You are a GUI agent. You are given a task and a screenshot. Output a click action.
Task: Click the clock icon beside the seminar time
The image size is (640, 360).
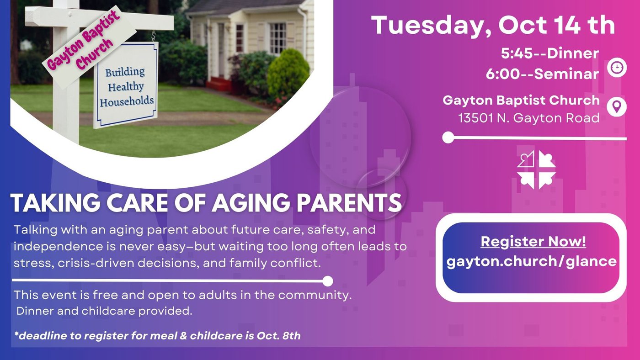pyautogui.click(x=617, y=68)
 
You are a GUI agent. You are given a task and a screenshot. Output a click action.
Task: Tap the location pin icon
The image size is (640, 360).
pyautogui.click(x=617, y=107)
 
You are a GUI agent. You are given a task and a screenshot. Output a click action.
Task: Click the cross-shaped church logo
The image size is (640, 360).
pyautogui.click(x=536, y=169)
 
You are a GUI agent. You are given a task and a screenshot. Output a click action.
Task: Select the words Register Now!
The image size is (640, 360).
pyautogui.click(x=533, y=242)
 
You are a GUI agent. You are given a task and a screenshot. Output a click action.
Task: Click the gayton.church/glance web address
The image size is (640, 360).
pyautogui.click(x=531, y=261)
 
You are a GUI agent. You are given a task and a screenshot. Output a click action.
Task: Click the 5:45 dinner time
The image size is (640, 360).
pyautogui.click(x=517, y=53)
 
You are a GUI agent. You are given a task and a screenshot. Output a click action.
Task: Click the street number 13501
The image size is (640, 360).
pyautogui.click(x=476, y=118)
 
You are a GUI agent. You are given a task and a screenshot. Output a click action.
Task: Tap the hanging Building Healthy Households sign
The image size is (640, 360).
pyautogui.click(x=126, y=85)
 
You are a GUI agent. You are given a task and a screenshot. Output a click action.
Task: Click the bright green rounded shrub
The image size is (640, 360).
pyautogui.click(x=288, y=74)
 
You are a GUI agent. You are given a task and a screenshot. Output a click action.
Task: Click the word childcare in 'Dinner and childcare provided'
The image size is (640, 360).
pyautogui.click(x=108, y=311)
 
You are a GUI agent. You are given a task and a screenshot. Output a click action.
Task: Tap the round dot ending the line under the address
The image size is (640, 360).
pyautogui.click(x=448, y=138)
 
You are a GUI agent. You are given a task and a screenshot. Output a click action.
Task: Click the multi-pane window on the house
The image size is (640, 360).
pyautogui.click(x=277, y=38)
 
